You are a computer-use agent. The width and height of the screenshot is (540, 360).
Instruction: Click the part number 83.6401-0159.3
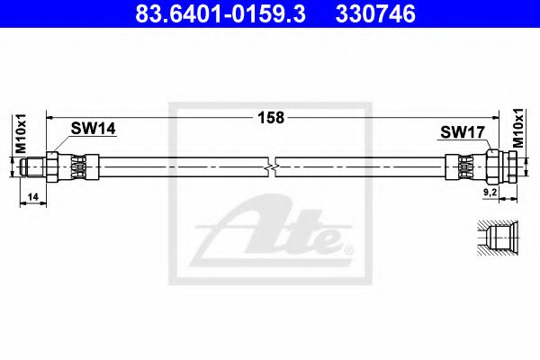(x=200, y=15)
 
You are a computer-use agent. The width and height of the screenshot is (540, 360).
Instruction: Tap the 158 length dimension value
(x=271, y=117)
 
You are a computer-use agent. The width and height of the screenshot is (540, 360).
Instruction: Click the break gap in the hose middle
(x=274, y=166)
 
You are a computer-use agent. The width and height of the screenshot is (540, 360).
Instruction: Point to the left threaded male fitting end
(x=32, y=166)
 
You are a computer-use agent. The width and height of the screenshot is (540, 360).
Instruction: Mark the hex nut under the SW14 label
(x=53, y=166)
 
